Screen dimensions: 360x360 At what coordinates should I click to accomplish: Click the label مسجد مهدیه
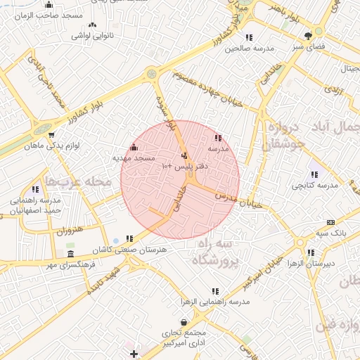pyautogui.click(x=134, y=159)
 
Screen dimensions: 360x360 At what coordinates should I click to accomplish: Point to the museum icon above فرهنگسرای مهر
pyautogui.click(x=70, y=254)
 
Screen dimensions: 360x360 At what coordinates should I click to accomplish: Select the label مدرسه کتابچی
pyautogui.click(x=314, y=185)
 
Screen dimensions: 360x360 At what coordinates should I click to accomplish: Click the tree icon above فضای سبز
pyautogui.click(x=308, y=36)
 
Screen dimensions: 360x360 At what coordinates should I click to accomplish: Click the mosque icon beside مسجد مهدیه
pyautogui.click(x=134, y=148)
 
